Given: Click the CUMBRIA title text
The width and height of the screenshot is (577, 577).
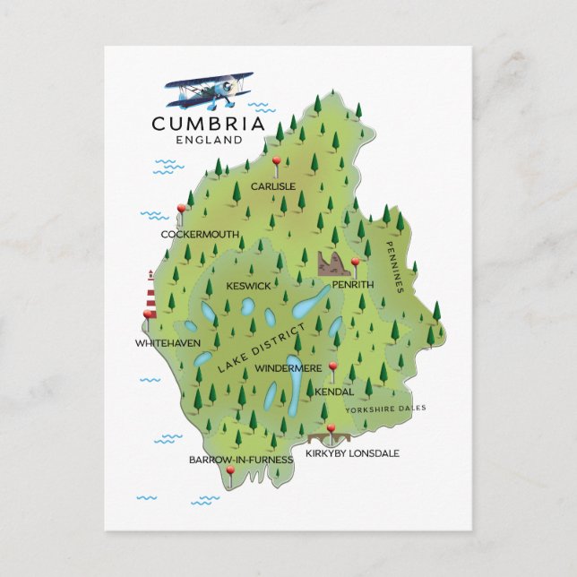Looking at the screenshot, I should tap(208, 124).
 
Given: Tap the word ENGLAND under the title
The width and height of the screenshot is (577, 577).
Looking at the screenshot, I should tap(210, 141).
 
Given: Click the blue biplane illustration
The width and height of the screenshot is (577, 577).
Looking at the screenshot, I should tap(210, 90).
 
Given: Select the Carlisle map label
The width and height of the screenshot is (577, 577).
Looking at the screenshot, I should tap(272, 186).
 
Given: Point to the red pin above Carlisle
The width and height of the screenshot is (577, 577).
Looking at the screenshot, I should tap(276, 164).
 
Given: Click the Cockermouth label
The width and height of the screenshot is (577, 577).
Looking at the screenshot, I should tap(200, 235).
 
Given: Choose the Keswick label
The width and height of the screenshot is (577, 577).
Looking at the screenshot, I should tap(248, 286).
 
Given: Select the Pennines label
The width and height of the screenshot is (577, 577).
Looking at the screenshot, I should tap(395, 266).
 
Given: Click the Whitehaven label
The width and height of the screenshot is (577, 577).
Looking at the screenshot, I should tap(168, 343).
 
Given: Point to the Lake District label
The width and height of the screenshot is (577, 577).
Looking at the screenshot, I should tap(261, 347).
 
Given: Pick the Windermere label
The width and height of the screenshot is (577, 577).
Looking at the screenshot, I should tap(288, 368).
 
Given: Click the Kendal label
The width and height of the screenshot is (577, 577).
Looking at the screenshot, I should tap(334, 392).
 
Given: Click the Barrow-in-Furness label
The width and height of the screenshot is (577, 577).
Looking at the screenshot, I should tap(241, 460).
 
